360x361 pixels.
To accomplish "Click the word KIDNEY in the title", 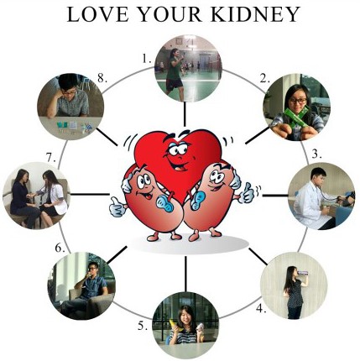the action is [255, 14].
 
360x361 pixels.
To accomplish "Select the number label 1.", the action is [147, 59].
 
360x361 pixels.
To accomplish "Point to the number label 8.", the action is [102, 79].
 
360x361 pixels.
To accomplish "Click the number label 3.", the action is [316, 154].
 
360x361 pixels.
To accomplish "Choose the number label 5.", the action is [143, 326].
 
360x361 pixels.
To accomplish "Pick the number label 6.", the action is [60, 248].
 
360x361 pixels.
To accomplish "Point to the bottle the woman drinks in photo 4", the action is [303, 272].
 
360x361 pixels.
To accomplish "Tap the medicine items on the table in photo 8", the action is [75, 127].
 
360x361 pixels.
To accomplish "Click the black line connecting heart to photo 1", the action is [185, 114].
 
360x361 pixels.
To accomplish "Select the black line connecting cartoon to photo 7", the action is [90, 194].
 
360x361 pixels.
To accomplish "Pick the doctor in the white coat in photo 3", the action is [312, 198].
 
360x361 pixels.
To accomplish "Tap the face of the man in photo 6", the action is [92, 269].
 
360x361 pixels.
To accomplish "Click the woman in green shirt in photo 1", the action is [175, 74].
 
